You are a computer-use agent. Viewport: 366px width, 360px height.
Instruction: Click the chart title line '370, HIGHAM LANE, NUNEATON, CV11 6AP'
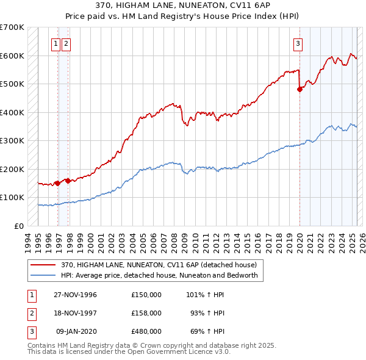pos(183,5)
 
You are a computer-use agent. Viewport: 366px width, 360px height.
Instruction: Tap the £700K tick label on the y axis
pos(12,27)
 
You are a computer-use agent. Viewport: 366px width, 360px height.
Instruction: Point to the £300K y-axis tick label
pos(12,141)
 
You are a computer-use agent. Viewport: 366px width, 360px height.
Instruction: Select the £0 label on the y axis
pos(20,226)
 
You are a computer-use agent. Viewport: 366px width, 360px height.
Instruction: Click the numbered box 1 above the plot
pos(56,43)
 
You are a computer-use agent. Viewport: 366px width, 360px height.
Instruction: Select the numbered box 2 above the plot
pos(65,43)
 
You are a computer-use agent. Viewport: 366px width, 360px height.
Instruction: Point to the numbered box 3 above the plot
pos(298,43)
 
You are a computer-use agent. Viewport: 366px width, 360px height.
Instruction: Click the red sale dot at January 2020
pos(300,90)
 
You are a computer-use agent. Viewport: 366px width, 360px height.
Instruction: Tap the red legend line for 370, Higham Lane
pos(43,265)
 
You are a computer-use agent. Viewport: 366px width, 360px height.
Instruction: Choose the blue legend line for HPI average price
pos(43,275)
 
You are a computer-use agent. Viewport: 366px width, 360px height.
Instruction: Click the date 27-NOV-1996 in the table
pos(75,295)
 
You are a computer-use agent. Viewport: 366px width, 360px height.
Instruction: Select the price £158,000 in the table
pos(146,313)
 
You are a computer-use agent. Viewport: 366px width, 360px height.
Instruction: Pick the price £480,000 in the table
pos(146,331)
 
